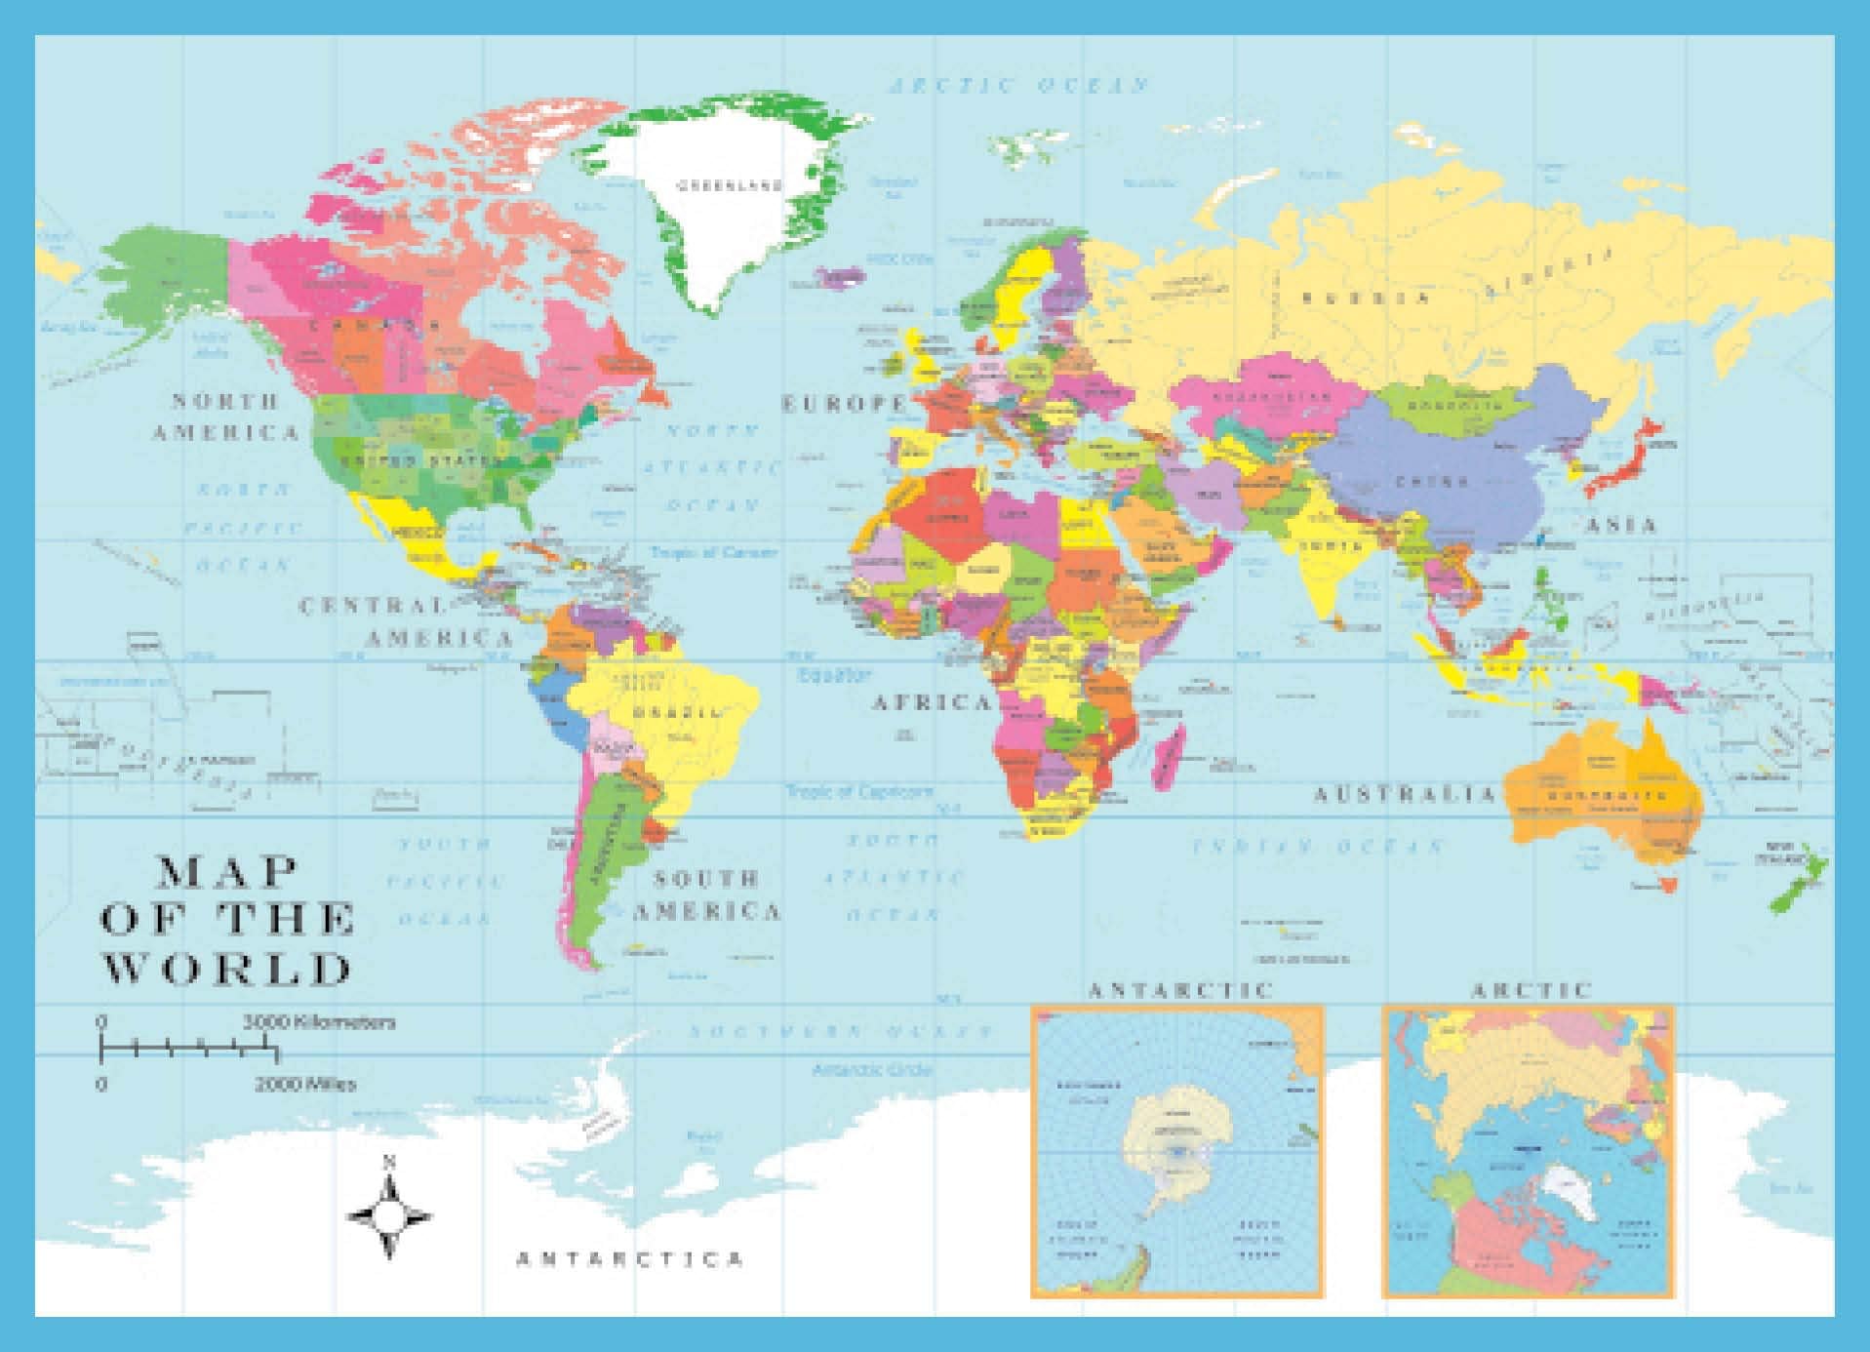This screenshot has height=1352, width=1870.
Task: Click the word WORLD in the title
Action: pos(226,970)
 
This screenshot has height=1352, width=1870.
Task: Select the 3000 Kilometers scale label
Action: pos(319,1022)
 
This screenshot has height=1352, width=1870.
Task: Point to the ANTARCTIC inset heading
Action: pos(1180,990)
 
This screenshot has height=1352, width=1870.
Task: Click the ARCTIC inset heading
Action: pos(1531,990)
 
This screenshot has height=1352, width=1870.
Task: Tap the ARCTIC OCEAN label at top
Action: pos(1019,86)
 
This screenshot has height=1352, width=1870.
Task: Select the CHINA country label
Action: pos(1432,482)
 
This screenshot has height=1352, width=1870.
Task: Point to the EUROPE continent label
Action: pos(845,403)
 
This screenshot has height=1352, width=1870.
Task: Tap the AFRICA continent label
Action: pos(930,702)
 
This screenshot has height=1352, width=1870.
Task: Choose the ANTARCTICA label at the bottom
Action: pos(630,1258)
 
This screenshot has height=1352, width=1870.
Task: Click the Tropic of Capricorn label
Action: pos(859,791)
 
